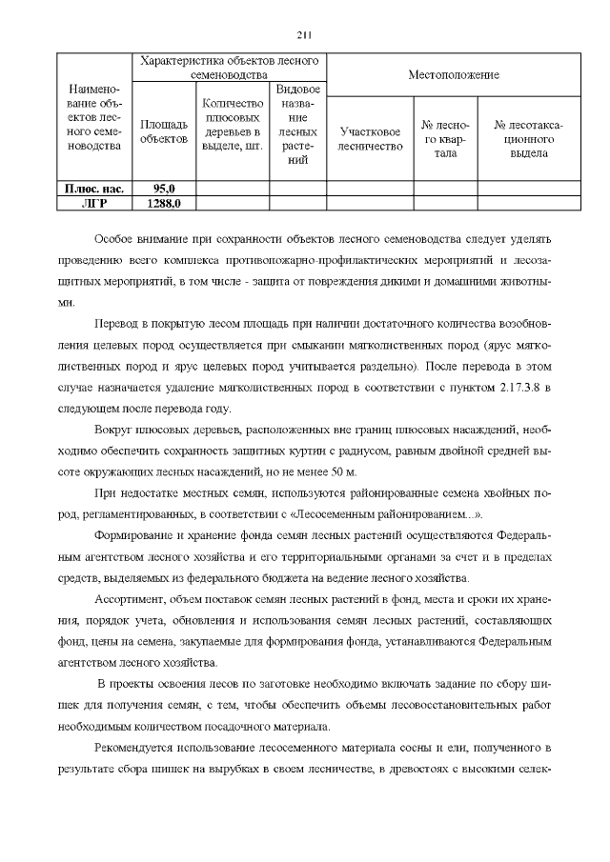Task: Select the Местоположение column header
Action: [454, 74]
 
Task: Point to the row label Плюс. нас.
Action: [94, 189]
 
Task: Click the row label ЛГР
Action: [94, 203]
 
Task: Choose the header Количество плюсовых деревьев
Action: [233, 124]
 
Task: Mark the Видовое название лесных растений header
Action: [297, 124]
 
